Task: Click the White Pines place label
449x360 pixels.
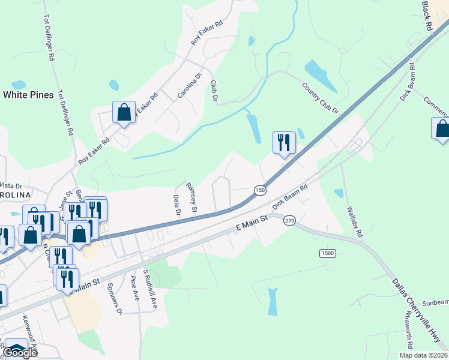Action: tap(28, 95)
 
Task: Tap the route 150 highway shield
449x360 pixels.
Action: tap(259, 190)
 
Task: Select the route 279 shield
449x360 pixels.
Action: tap(290, 220)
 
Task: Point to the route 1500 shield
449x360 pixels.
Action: tap(327, 254)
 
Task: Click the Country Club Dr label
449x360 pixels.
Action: tap(320, 99)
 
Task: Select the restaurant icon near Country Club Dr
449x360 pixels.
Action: tap(284, 143)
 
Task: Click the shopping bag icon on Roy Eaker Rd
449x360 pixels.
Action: tap(124, 112)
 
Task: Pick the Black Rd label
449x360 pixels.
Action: tap(427, 16)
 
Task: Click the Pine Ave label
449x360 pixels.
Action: tap(135, 289)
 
